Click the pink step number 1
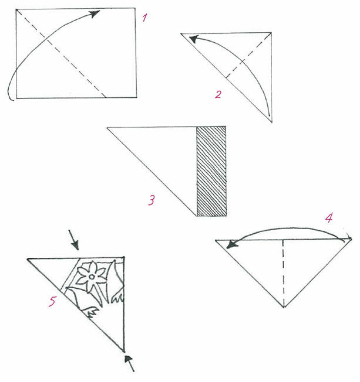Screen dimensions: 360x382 point(145,18)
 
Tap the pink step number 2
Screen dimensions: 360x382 point(218,94)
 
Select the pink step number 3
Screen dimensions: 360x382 point(151,200)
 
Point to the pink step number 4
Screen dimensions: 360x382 point(329,218)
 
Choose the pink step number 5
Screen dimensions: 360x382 point(52,301)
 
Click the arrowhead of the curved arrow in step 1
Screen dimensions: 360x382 point(94,13)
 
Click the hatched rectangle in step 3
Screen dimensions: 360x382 point(211,171)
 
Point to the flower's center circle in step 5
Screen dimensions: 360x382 point(92,276)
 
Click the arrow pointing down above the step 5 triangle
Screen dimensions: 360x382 point(73,240)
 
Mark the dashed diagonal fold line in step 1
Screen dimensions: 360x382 point(61,53)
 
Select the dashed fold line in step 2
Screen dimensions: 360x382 point(248,55)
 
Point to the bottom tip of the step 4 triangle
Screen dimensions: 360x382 point(284,307)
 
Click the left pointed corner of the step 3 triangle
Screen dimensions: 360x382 point(107,127)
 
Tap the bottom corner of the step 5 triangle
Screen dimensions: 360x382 point(124,351)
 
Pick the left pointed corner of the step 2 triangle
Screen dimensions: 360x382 point(181,34)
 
